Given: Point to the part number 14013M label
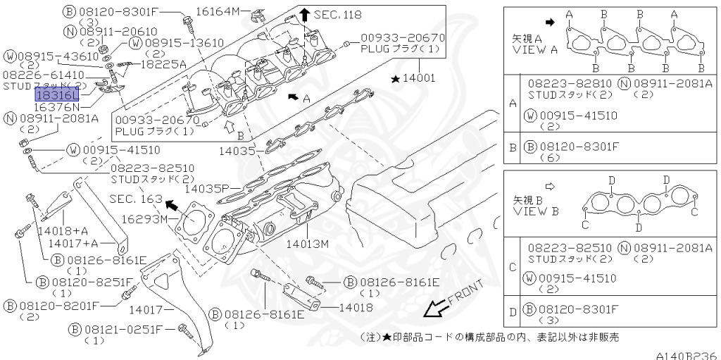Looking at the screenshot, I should [308, 244].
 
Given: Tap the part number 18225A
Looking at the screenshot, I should [163, 63].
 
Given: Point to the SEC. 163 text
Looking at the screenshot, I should [135, 199].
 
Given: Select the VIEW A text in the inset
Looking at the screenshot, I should [535, 49].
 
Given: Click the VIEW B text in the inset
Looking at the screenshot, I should [535, 211].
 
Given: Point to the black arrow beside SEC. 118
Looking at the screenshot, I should [304, 14].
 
